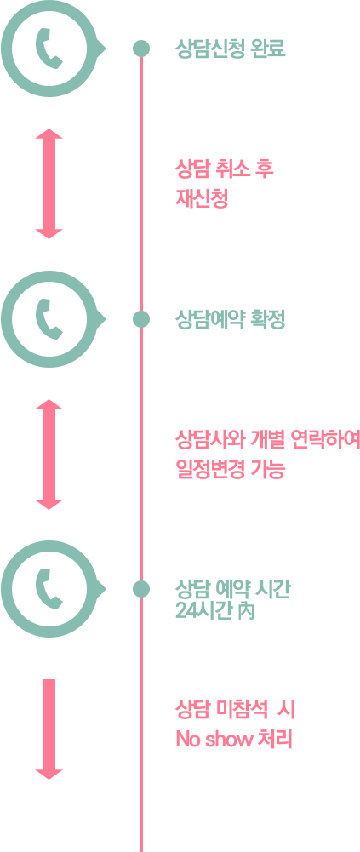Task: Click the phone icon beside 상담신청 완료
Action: coord(49,49)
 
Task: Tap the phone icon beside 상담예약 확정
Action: coord(49,319)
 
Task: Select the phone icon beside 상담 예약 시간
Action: coord(49,589)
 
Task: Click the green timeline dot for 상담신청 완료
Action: coord(141,49)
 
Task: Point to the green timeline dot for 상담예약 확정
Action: coord(141,319)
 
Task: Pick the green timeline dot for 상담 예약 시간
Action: coord(141,589)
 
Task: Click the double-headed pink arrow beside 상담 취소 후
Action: coord(49,184)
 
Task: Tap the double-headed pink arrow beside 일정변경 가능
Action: coord(49,455)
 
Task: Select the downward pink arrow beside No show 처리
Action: coord(49,729)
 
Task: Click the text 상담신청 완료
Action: coord(230,49)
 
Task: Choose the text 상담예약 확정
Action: coord(230,319)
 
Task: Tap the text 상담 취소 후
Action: coord(224,169)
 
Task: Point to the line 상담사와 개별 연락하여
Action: coord(267,439)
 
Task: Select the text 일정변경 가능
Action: coord(230,468)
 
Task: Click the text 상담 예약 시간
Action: coord(233,587)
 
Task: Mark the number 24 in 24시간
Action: coord(185,611)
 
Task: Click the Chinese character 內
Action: coord(247,611)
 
